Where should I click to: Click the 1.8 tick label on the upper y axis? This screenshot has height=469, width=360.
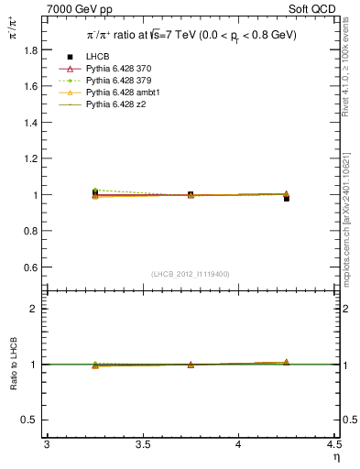tap(32, 50)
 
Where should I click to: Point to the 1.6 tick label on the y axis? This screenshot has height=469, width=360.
tap(32, 86)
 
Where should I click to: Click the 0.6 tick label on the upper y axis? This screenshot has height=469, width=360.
tap(32, 267)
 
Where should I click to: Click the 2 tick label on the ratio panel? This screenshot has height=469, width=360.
tap(37, 309)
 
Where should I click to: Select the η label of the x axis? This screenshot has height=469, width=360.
tap(335, 457)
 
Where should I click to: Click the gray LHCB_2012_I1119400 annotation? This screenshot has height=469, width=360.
tap(191, 274)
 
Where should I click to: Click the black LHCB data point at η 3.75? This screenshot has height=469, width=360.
tap(191, 194)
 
